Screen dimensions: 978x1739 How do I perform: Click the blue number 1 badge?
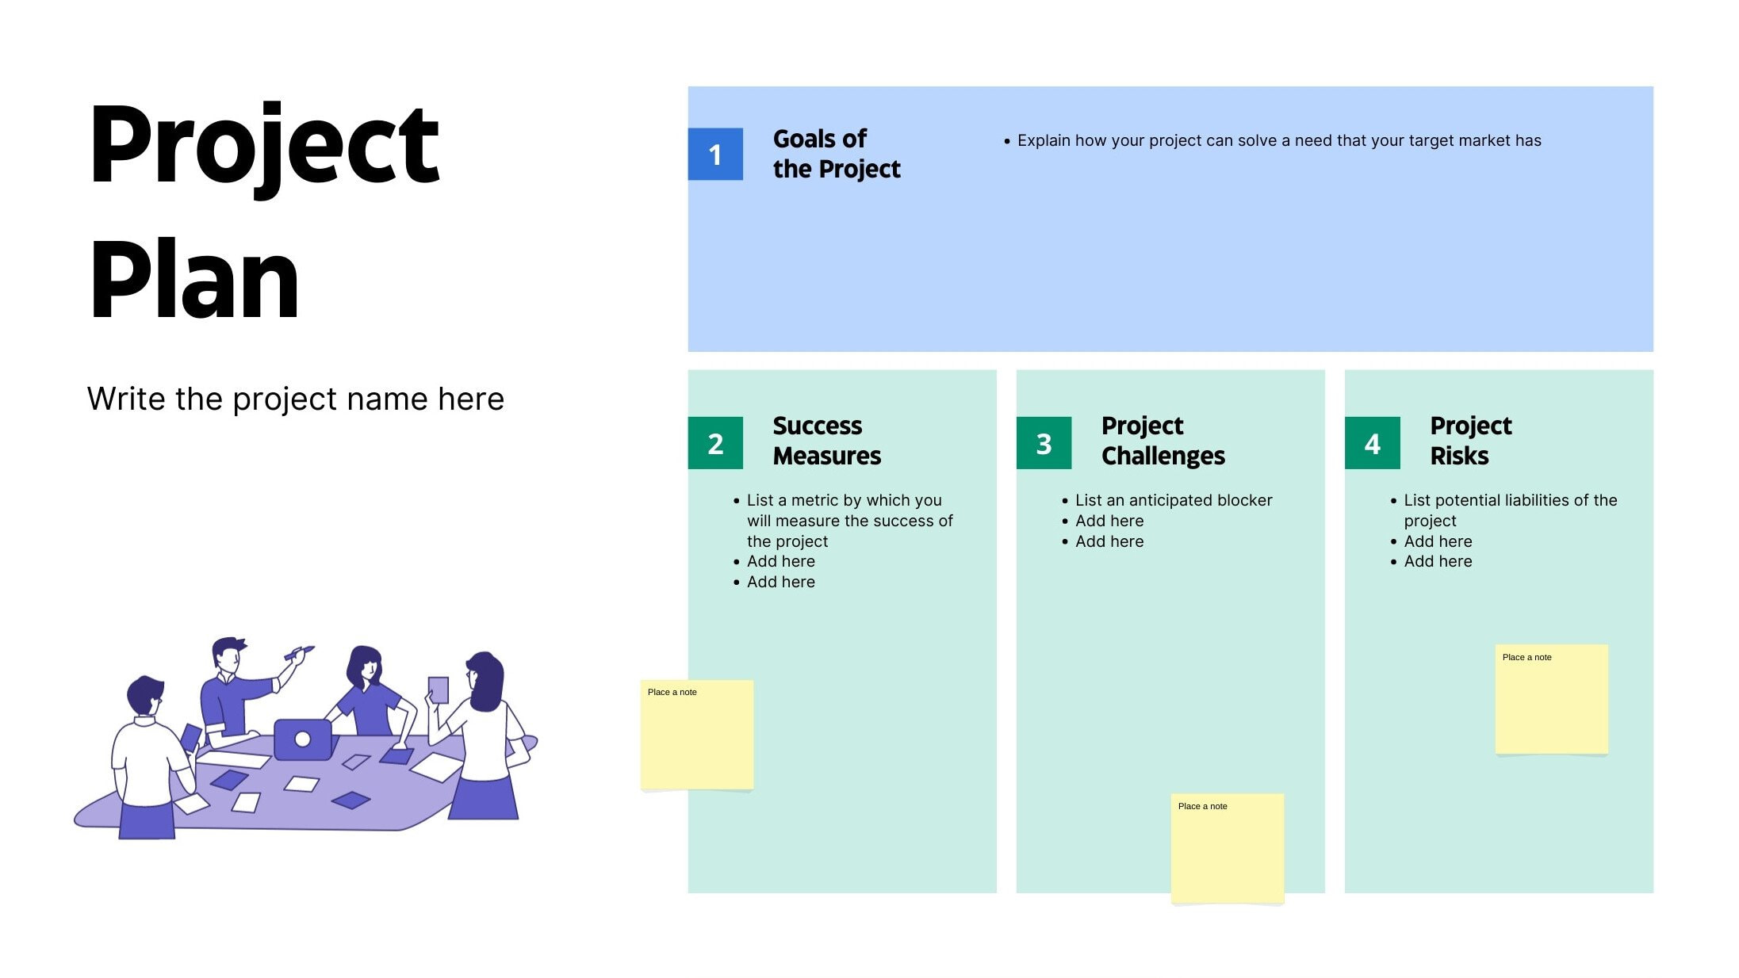[x=714, y=154]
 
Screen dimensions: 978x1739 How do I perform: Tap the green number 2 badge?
[x=714, y=443]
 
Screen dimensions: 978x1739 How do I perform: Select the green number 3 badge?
[x=1043, y=443]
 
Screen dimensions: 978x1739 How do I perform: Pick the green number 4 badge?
[x=1372, y=443]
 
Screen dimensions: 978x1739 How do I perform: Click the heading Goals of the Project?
[x=836, y=154]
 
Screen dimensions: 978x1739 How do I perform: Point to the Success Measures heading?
[x=826, y=441]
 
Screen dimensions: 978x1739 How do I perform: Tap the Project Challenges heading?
[x=1163, y=441]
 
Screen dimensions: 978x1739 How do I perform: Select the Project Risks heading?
[x=1470, y=441]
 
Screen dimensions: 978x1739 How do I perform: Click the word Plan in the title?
[x=194, y=281]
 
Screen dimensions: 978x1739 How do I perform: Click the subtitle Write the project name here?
[x=295, y=399]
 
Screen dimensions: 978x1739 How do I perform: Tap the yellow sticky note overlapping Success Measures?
[x=696, y=735]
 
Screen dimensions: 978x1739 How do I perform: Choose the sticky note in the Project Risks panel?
[x=1551, y=699]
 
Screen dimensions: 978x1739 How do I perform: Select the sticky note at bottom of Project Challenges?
[x=1227, y=848]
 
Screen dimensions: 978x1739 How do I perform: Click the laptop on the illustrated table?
[x=302, y=739]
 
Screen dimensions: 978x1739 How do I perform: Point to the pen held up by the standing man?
[x=299, y=653]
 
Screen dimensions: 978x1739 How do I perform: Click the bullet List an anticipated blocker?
[x=1173, y=500]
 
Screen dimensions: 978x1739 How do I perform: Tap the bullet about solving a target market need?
[x=1278, y=140]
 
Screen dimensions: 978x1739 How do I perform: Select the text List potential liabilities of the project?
[x=1509, y=510]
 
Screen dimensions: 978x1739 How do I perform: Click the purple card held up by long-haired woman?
[x=438, y=690]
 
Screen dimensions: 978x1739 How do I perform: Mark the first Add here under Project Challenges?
[x=1109, y=521]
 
